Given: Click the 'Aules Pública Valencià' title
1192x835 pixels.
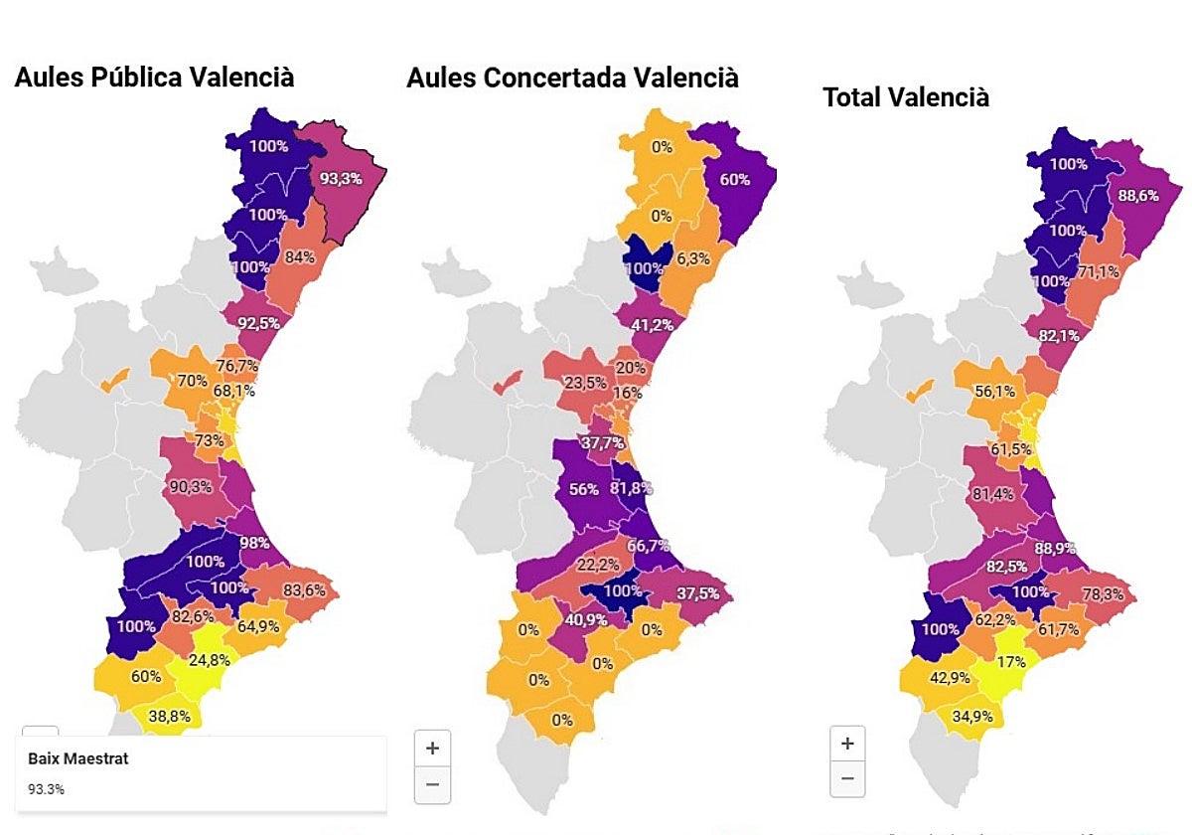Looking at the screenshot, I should coord(154,78).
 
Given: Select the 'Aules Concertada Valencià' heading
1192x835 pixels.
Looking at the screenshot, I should coord(572,78).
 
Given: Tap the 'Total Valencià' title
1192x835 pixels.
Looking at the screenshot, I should coord(906,97).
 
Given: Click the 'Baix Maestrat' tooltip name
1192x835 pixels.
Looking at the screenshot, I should coord(77,759).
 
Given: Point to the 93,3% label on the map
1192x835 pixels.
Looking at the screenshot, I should coord(341,179).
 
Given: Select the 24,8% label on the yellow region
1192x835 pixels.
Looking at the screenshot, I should coord(210,660).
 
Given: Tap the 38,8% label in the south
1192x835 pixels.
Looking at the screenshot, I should coord(170,715).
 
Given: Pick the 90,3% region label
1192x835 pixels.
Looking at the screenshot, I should coord(191,486).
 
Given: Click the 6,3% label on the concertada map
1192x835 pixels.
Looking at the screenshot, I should coord(692,258).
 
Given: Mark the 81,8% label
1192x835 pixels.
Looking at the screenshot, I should coord(632,488).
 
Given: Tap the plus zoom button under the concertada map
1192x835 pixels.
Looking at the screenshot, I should coord(432,749).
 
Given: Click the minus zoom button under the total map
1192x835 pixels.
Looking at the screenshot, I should coord(847,778).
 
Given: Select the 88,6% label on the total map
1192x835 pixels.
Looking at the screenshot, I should coord(1137,196).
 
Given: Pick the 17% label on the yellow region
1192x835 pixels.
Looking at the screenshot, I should coord(1012,662).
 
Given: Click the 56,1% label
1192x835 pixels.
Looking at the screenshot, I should coord(993,392).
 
